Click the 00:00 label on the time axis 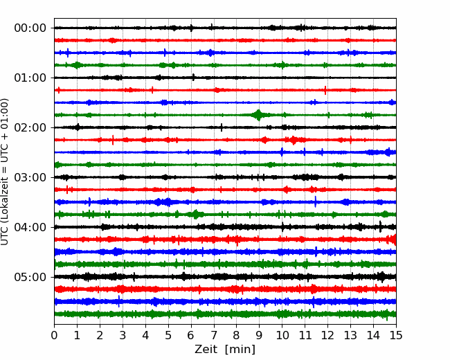pyautogui.click(x=30, y=28)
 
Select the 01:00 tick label pyautogui.click(x=30, y=78)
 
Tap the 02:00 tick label pyautogui.click(x=30, y=127)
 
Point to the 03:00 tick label pyautogui.click(x=30, y=177)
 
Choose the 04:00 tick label pyautogui.click(x=30, y=227)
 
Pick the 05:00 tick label pyautogui.click(x=30, y=277)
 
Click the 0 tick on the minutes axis pyautogui.click(x=54, y=335)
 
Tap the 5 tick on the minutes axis pyautogui.click(x=168, y=335)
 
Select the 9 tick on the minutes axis pyautogui.click(x=259, y=335)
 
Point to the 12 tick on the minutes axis pyautogui.click(x=327, y=335)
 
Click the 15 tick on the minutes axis pyautogui.click(x=396, y=335)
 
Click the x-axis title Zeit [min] pyautogui.click(x=225, y=350)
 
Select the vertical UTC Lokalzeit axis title pyautogui.click(x=4, y=172)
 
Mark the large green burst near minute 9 pyautogui.click(x=259, y=115)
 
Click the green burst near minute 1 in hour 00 pyautogui.click(x=77, y=65)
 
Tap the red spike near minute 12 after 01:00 pyautogui.click(x=325, y=90)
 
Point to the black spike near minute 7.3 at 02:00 pyautogui.click(x=222, y=127)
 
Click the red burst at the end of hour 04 pyautogui.click(x=393, y=240)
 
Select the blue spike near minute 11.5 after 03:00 pyautogui.click(x=316, y=202)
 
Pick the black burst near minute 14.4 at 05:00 pyautogui.click(x=382, y=277)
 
